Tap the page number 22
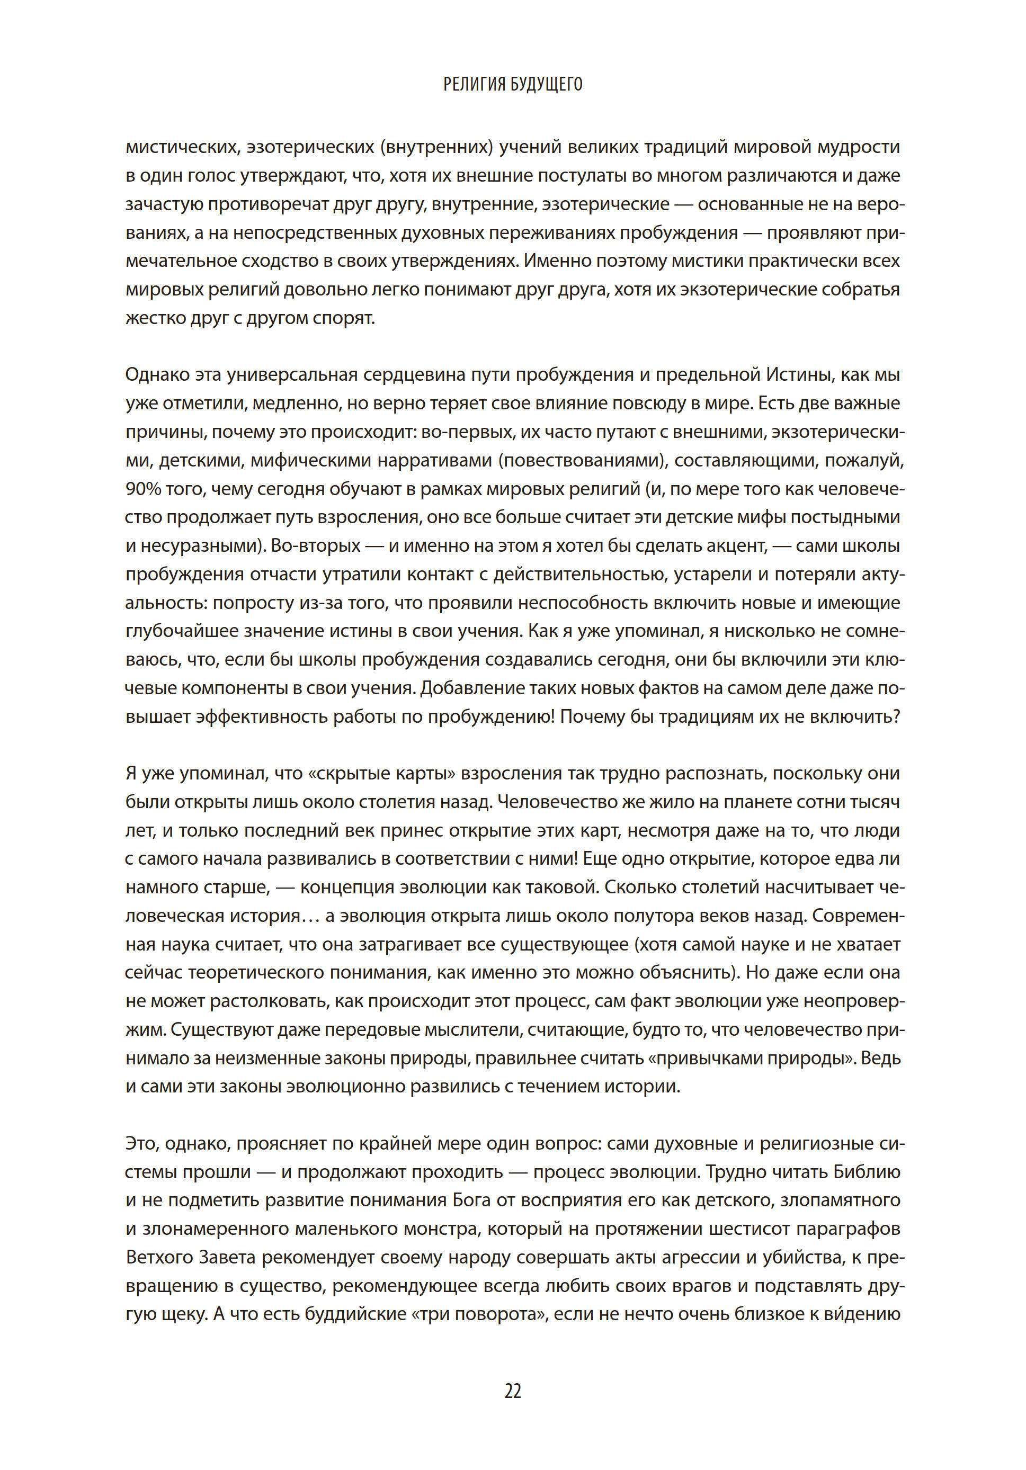512,1391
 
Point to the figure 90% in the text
143,489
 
